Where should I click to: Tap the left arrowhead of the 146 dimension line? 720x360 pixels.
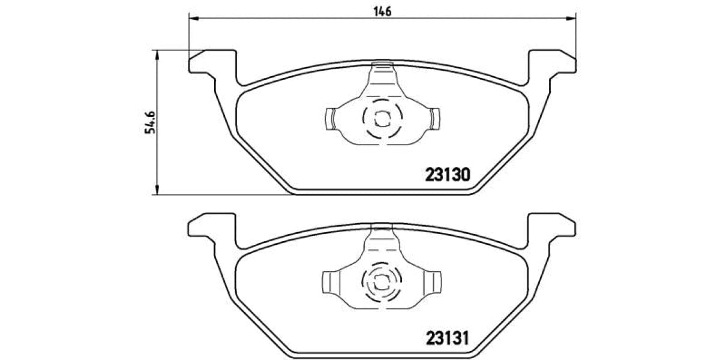pyautogui.click(x=193, y=19)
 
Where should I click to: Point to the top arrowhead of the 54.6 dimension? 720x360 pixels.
pyautogui.click(x=157, y=55)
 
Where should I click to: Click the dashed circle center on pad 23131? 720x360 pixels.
pyautogui.click(x=382, y=280)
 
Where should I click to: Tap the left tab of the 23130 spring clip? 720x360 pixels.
pyautogui.click(x=331, y=118)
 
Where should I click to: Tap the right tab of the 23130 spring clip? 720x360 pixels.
pyautogui.click(x=434, y=118)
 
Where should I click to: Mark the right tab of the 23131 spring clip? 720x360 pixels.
pyautogui.click(x=433, y=281)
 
